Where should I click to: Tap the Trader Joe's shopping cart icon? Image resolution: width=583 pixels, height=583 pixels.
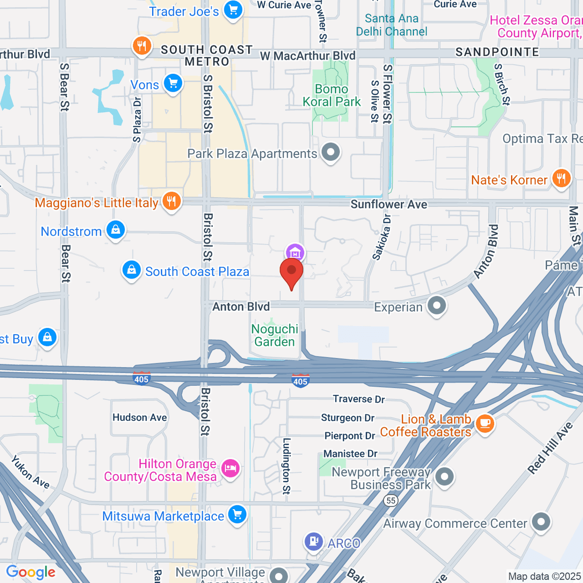[233, 10]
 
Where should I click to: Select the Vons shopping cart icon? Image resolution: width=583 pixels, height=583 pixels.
[172, 84]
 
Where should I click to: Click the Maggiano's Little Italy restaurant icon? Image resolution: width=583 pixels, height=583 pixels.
[171, 201]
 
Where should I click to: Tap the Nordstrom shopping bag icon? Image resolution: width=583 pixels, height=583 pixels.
[116, 230]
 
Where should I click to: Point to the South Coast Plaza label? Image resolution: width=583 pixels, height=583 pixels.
[197, 272]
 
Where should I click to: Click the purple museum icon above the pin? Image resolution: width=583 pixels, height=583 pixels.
[295, 253]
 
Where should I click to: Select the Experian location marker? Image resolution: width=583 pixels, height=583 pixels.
[436, 306]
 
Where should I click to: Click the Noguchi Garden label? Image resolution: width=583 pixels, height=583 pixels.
[274, 335]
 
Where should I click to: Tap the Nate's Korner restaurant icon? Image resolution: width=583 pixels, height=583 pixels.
[561, 178]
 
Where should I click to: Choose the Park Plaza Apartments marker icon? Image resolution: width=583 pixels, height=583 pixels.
[331, 153]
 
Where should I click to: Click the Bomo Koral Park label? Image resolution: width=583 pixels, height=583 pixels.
[331, 95]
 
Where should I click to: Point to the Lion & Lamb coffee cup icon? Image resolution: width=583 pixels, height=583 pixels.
[484, 423]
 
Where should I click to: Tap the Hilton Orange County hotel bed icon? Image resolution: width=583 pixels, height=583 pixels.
[230, 468]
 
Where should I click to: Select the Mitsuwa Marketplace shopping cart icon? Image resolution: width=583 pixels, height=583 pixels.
[237, 514]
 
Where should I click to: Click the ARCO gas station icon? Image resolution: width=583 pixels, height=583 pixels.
[314, 541]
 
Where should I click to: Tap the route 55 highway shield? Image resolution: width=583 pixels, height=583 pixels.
[391, 500]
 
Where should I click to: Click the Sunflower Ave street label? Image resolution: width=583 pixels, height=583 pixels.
[389, 205]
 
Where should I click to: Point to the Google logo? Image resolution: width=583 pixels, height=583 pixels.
[31, 572]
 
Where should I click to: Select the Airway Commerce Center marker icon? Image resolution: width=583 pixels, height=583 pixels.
[541, 522]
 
